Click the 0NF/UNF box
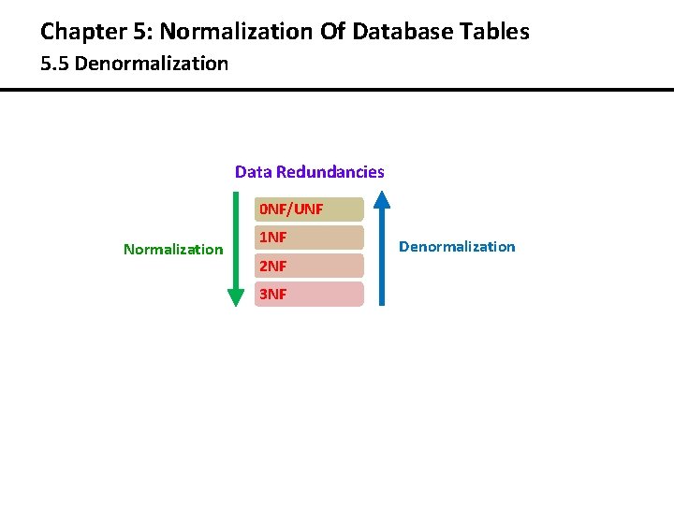point(308,209)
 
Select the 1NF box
point(308,238)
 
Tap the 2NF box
point(308,267)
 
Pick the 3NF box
point(308,295)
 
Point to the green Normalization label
point(173,250)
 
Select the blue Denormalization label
point(457,247)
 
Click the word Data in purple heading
point(252,172)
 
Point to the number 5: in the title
point(141,32)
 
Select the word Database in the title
point(403,32)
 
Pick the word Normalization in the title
point(233,32)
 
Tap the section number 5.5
point(54,65)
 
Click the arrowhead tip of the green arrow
point(236,304)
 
